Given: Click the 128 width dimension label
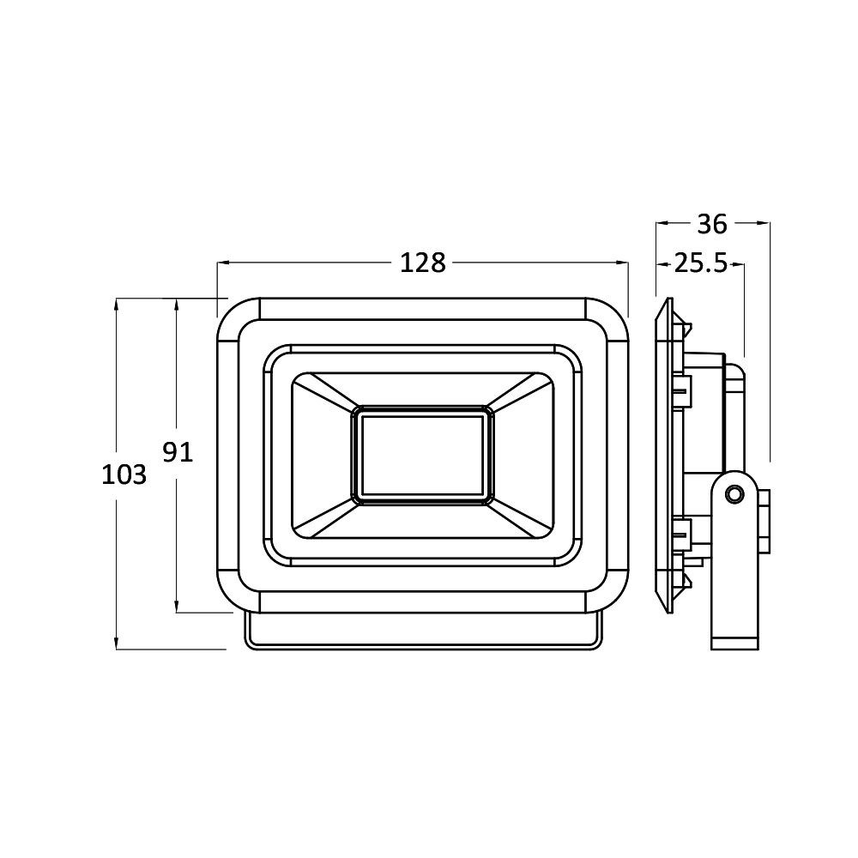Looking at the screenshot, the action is click(423, 263).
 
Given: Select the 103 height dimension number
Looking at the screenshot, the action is click(124, 474).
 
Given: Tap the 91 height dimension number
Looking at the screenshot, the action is click(178, 452).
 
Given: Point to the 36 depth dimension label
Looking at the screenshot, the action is click(712, 224).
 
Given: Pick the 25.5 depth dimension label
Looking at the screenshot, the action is click(700, 263).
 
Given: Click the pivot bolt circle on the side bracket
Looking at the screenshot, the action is click(734, 494).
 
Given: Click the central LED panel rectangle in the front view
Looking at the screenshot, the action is click(422, 456).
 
